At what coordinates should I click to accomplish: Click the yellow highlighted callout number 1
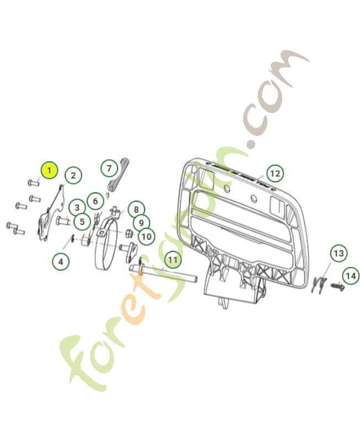[49, 170]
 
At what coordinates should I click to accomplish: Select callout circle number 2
[73, 176]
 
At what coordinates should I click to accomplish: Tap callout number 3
[77, 207]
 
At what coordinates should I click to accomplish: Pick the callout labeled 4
[61, 261]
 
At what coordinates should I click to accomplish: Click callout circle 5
[82, 222]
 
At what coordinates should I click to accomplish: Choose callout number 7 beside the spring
[108, 167]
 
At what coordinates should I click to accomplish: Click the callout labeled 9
[141, 223]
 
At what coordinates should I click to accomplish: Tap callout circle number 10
[146, 237]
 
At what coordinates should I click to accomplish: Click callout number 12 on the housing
[274, 173]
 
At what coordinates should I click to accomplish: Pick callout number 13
[338, 254]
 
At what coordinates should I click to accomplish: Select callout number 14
[349, 275]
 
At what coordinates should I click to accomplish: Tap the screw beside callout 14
[336, 286]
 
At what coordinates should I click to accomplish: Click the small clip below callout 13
[316, 285]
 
